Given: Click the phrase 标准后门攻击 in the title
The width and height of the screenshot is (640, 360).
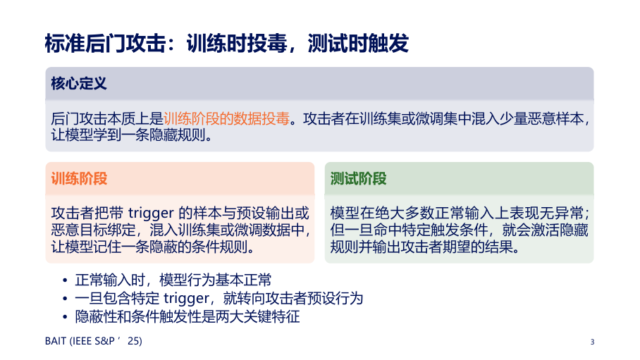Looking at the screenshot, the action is click(x=105, y=43).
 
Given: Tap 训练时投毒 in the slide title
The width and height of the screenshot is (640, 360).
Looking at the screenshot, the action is click(x=237, y=43).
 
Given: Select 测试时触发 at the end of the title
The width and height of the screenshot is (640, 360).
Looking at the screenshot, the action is click(x=358, y=43).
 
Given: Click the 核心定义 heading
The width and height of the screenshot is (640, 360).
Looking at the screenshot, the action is click(x=79, y=83).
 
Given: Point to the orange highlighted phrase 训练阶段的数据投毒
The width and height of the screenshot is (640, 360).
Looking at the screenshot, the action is click(x=226, y=118).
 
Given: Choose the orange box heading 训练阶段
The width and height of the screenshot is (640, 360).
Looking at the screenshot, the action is click(x=79, y=178).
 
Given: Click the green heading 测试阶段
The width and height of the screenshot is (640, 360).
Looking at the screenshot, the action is click(x=358, y=178).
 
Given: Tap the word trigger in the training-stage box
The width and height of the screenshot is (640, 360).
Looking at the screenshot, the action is click(x=151, y=213).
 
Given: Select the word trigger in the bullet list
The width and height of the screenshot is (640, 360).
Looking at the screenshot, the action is click(x=186, y=299).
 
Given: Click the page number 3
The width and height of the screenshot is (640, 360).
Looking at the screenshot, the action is click(x=592, y=342).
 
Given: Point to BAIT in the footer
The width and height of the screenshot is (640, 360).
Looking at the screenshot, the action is click(x=56, y=341).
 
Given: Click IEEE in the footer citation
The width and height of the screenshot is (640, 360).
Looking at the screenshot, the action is click(x=82, y=341).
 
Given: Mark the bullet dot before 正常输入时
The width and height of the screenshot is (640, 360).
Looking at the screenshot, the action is click(x=65, y=280).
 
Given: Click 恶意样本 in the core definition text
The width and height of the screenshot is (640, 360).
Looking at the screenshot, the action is click(x=556, y=118).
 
